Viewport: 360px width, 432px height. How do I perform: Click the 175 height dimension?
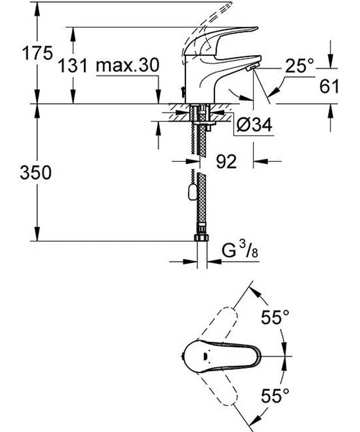pyautogui.click(x=37, y=53)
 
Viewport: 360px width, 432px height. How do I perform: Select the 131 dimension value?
pyautogui.click(x=73, y=66)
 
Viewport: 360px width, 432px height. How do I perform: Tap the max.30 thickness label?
pyautogui.click(x=128, y=66)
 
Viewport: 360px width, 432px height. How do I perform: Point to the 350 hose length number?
pyautogui.click(x=36, y=173)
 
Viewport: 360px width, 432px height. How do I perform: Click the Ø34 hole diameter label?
pyautogui.click(x=254, y=125)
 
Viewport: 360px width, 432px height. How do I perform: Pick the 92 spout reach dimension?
pyautogui.click(x=226, y=161)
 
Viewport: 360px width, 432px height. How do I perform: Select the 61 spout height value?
pyautogui.click(x=329, y=86)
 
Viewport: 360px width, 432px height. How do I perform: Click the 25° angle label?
pyautogui.click(x=300, y=66)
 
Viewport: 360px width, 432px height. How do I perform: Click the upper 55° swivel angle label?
pyautogui.click(x=275, y=317)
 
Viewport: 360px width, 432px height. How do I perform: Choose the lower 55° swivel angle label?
pyautogui.click(x=275, y=396)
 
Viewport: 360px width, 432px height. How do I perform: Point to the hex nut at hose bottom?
pyautogui.click(x=201, y=238)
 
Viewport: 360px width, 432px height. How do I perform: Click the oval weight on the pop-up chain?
pyautogui.click(x=192, y=192)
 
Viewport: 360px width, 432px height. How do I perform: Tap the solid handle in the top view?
pyautogui.click(x=221, y=356)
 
